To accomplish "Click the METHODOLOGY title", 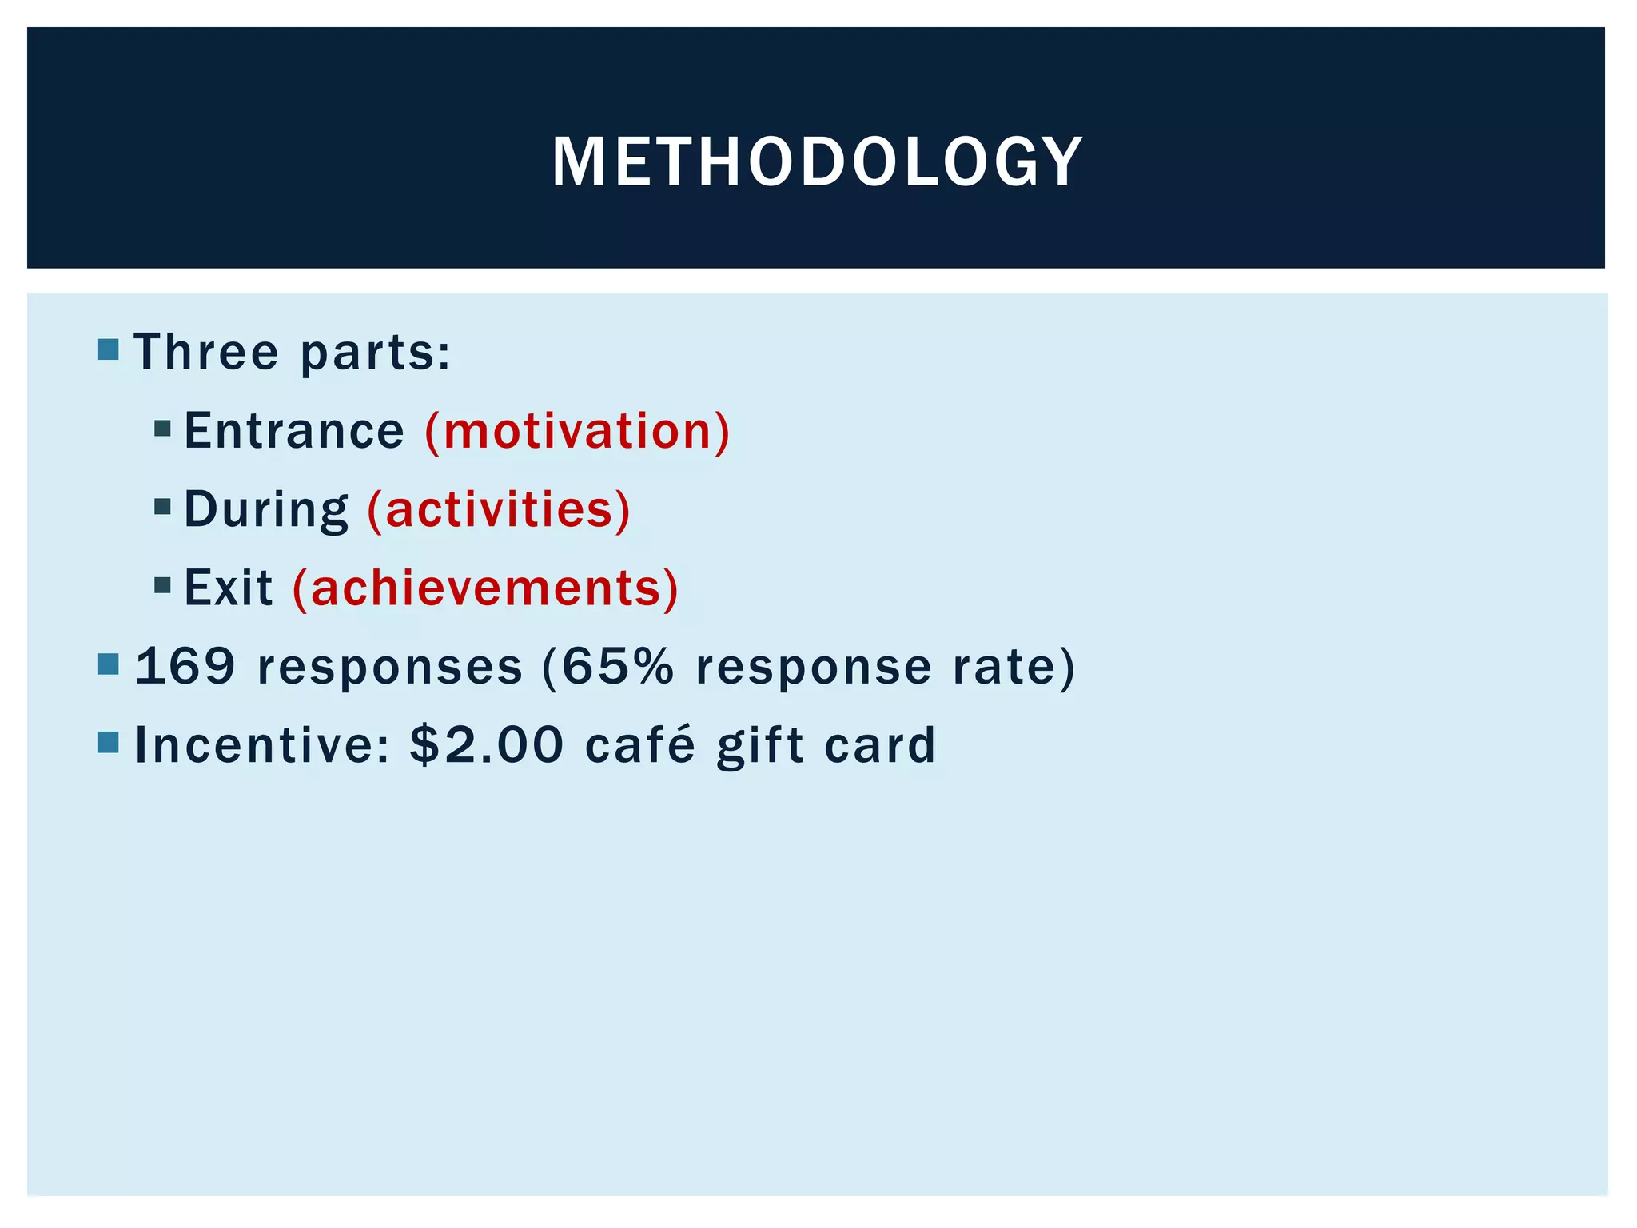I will [817, 162].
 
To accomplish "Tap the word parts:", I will [376, 353].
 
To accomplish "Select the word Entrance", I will [294, 431].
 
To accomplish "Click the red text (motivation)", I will [577, 431].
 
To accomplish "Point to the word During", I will [266, 509].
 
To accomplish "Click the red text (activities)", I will [499, 509].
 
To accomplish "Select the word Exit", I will [229, 588].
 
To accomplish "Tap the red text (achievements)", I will [485, 588].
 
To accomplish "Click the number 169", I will [185, 666].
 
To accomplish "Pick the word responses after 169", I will [390, 666].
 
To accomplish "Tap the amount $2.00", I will [487, 744].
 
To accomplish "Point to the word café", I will [639, 744].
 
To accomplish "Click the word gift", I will [759, 744].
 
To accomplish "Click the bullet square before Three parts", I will [108, 349].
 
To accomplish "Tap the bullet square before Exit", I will [163, 585].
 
